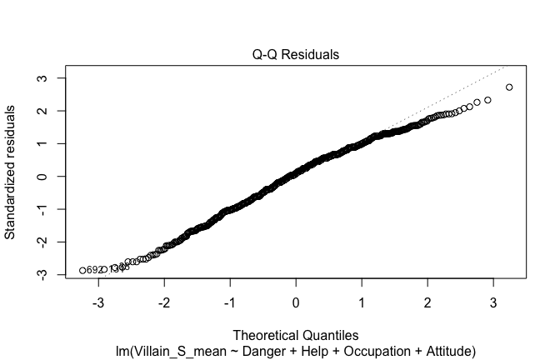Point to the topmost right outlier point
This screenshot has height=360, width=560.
click(509, 87)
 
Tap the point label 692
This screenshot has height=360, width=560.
click(94, 270)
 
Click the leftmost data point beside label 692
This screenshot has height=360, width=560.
click(82, 270)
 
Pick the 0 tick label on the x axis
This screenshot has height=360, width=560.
click(296, 300)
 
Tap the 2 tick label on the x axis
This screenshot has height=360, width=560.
click(427, 300)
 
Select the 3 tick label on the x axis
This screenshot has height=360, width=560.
click(493, 300)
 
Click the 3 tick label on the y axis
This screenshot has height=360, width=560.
click(39, 78)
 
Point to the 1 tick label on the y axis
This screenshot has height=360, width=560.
click(39, 143)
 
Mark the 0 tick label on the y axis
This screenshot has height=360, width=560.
click(39, 177)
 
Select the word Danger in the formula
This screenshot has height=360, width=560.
click(254, 351)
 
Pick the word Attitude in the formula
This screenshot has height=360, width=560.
click(443, 351)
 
